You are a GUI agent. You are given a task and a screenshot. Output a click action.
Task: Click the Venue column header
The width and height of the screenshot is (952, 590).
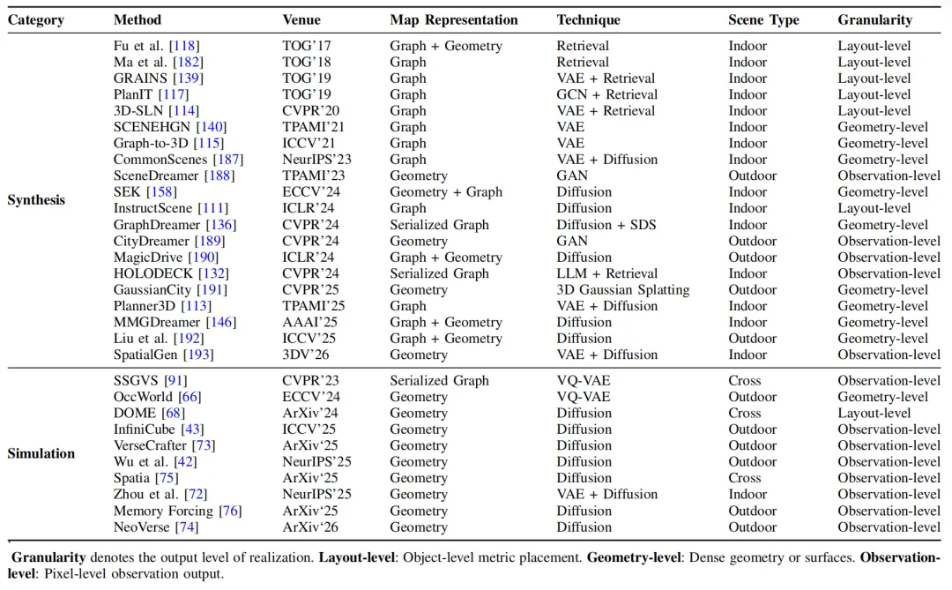[301, 20]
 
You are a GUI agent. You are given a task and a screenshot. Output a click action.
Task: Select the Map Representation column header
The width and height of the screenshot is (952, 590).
[454, 20]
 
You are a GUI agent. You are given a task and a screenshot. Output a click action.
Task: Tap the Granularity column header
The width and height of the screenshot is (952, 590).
[875, 20]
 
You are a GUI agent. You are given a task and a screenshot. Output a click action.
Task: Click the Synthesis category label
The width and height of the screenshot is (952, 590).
[36, 200]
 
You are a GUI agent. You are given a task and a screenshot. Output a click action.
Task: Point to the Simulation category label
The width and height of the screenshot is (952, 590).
[41, 453]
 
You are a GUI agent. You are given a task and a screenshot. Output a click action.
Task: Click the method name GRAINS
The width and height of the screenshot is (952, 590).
[140, 78]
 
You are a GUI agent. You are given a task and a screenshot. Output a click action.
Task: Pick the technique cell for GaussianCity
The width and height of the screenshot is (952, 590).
[623, 290]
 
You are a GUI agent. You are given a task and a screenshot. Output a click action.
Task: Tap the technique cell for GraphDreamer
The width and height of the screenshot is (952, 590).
[606, 225]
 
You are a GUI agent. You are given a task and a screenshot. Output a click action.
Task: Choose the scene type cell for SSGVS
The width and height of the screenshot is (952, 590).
[744, 380]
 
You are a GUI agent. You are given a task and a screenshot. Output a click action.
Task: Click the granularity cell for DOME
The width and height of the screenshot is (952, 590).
[874, 414]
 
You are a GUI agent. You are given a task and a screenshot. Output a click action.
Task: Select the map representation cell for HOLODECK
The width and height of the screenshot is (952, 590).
[439, 273]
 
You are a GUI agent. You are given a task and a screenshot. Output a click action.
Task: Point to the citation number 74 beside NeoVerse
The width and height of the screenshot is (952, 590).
[187, 527]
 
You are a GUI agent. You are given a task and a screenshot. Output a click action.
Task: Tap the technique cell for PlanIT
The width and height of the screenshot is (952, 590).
[607, 94]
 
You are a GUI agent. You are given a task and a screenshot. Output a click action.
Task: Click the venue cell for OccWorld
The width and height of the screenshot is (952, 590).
[311, 397]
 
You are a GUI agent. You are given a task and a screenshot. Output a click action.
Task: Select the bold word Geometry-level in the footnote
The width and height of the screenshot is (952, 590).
[634, 557]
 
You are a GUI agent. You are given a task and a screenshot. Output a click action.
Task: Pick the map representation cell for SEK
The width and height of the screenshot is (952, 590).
[446, 192]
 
